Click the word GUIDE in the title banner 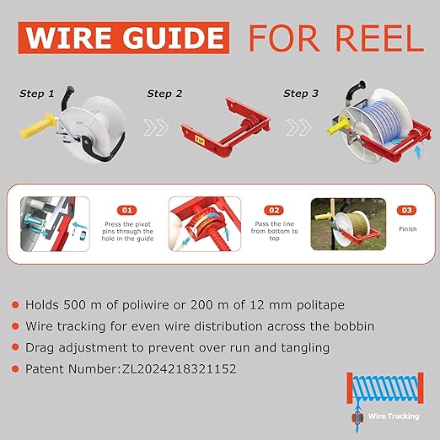(174, 38)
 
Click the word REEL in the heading (380, 38)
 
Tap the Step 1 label (36, 94)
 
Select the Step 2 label (164, 94)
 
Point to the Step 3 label (301, 94)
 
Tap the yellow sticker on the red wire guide (200, 139)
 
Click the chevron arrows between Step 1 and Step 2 (156, 127)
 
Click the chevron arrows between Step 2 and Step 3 (299, 127)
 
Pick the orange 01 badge (127, 210)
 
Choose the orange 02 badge (274, 210)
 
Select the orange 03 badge (406, 210)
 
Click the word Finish (408, 229)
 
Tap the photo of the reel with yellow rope (348, 224)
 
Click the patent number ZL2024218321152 (179, 369)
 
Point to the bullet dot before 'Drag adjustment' (15, 347)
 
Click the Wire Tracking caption (394, 416)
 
